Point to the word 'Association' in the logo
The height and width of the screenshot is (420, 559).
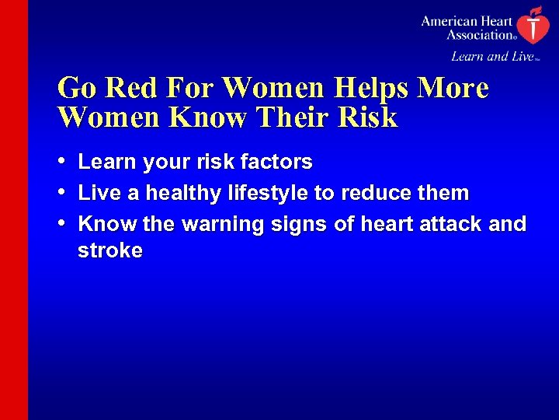tap(479, 34)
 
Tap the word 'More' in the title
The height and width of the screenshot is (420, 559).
tap(453, 88)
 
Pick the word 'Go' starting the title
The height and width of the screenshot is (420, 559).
tap(77, 88)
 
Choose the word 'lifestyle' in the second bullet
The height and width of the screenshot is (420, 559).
tap(265, 192)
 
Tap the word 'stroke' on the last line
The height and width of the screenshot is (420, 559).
tap(110, 250)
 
